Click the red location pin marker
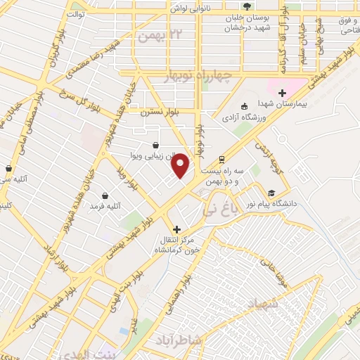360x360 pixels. pyautogui.click(x=181, y=165)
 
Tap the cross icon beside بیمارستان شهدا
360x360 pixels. pyautogui.click(x=282, y=92)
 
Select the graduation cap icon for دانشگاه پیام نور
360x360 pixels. pyautogui.click(x=271, y=193)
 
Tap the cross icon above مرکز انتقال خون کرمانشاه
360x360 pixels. pyautogui.click(x=176, y=229)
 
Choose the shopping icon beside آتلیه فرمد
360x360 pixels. pyautogui.click(x=105, y=195)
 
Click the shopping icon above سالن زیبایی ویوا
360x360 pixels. pyautogui.click(x=143, y=146)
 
